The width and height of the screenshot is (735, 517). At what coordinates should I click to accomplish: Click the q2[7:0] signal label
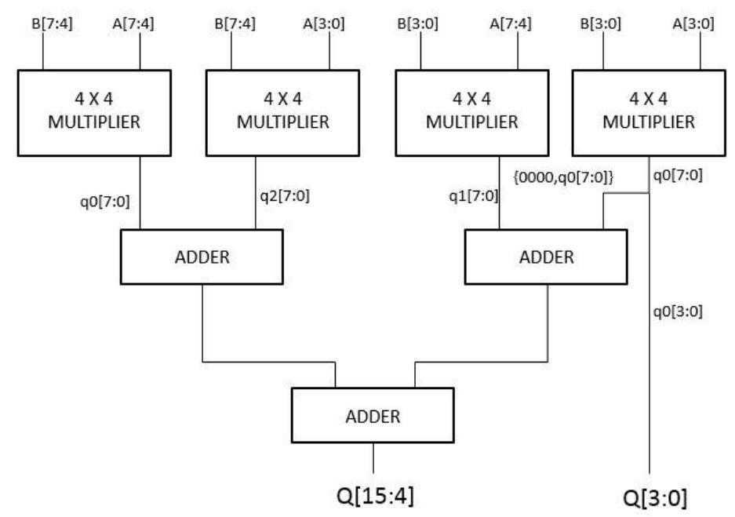point(285,197)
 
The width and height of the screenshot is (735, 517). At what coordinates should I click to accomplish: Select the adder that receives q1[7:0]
point(546,257)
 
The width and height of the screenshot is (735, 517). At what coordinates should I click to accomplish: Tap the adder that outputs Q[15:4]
point(373,416)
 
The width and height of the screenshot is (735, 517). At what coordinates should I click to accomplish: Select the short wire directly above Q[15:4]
point(373,458)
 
